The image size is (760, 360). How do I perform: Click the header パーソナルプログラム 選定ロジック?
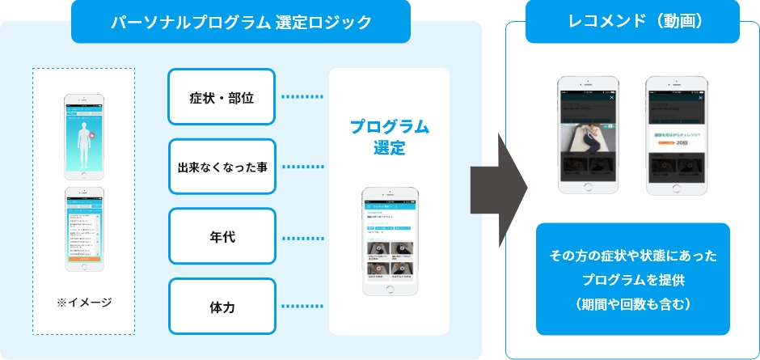(x=240, y=22)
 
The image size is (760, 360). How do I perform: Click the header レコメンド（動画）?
(x=633, y=22)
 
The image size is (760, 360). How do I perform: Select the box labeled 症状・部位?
(x=222, y=97)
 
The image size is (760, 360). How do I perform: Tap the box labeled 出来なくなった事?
(x=222, y=167)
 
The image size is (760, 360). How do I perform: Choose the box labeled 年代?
(x=222, y=237)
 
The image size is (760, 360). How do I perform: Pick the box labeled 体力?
(x=222, y=307)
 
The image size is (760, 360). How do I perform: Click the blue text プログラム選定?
(x=389, y=138)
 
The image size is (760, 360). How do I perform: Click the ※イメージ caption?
(x=84, y=303)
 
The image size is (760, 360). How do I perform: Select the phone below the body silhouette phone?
(x=85, y=230)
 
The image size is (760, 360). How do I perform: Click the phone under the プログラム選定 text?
(x=389, y=242)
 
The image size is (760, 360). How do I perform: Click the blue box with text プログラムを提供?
(x=633, y=279)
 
